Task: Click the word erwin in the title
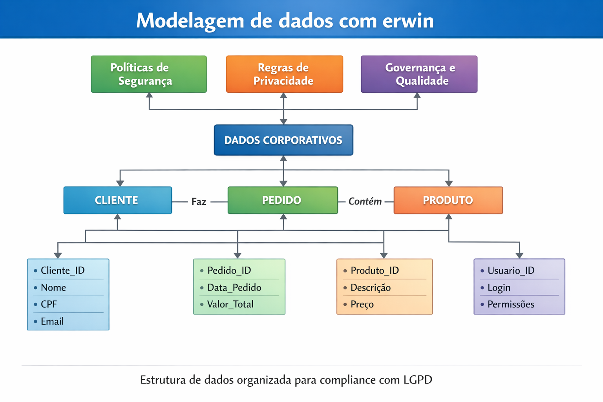click(408, 21)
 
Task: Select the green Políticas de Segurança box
click(149, 74)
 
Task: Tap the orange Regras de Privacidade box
click(284, 74)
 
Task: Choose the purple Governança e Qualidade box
click(419, 74)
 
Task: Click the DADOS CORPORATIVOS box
click(283, 140)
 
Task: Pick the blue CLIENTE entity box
click(117, 200)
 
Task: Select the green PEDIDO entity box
click(283, 200)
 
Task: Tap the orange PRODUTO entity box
click(448, 200)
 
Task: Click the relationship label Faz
click(199, 202)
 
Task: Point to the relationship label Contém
click(365, 201)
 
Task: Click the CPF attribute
click(49, 304)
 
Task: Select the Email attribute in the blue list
click(52, 322)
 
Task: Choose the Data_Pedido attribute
click(234, 288)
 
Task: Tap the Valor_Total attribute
click(230, 304)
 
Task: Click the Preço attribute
click(362, 304)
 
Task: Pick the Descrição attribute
click(371, 288)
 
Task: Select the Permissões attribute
click(511, 304)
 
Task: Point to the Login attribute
click(499, 288)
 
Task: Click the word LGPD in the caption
click(418, 380)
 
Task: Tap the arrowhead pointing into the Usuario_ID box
click(519, 255)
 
